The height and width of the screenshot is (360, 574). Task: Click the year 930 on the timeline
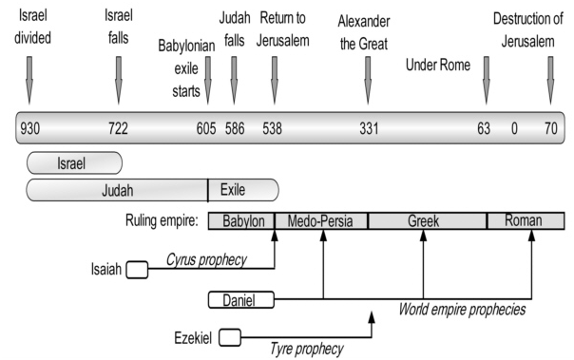point(29,127)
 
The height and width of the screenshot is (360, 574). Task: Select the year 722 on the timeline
point(118,127)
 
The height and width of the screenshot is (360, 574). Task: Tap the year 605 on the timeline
point(206,127)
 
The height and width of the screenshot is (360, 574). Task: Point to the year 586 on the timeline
point(236,127)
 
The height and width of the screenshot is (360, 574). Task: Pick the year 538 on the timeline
point(273,127)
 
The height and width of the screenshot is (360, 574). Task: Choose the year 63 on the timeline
point(486,127)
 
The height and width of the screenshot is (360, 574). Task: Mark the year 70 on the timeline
point(549,127)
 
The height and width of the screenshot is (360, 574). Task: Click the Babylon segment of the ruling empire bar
point(241,221)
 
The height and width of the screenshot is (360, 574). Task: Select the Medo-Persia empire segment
point(321,221)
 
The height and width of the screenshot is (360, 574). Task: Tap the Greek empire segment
point(427,221)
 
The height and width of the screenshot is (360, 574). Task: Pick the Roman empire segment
point(525,221)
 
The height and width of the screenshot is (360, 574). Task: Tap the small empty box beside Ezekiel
point(230,335)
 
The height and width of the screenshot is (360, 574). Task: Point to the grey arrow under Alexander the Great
point(368,79)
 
